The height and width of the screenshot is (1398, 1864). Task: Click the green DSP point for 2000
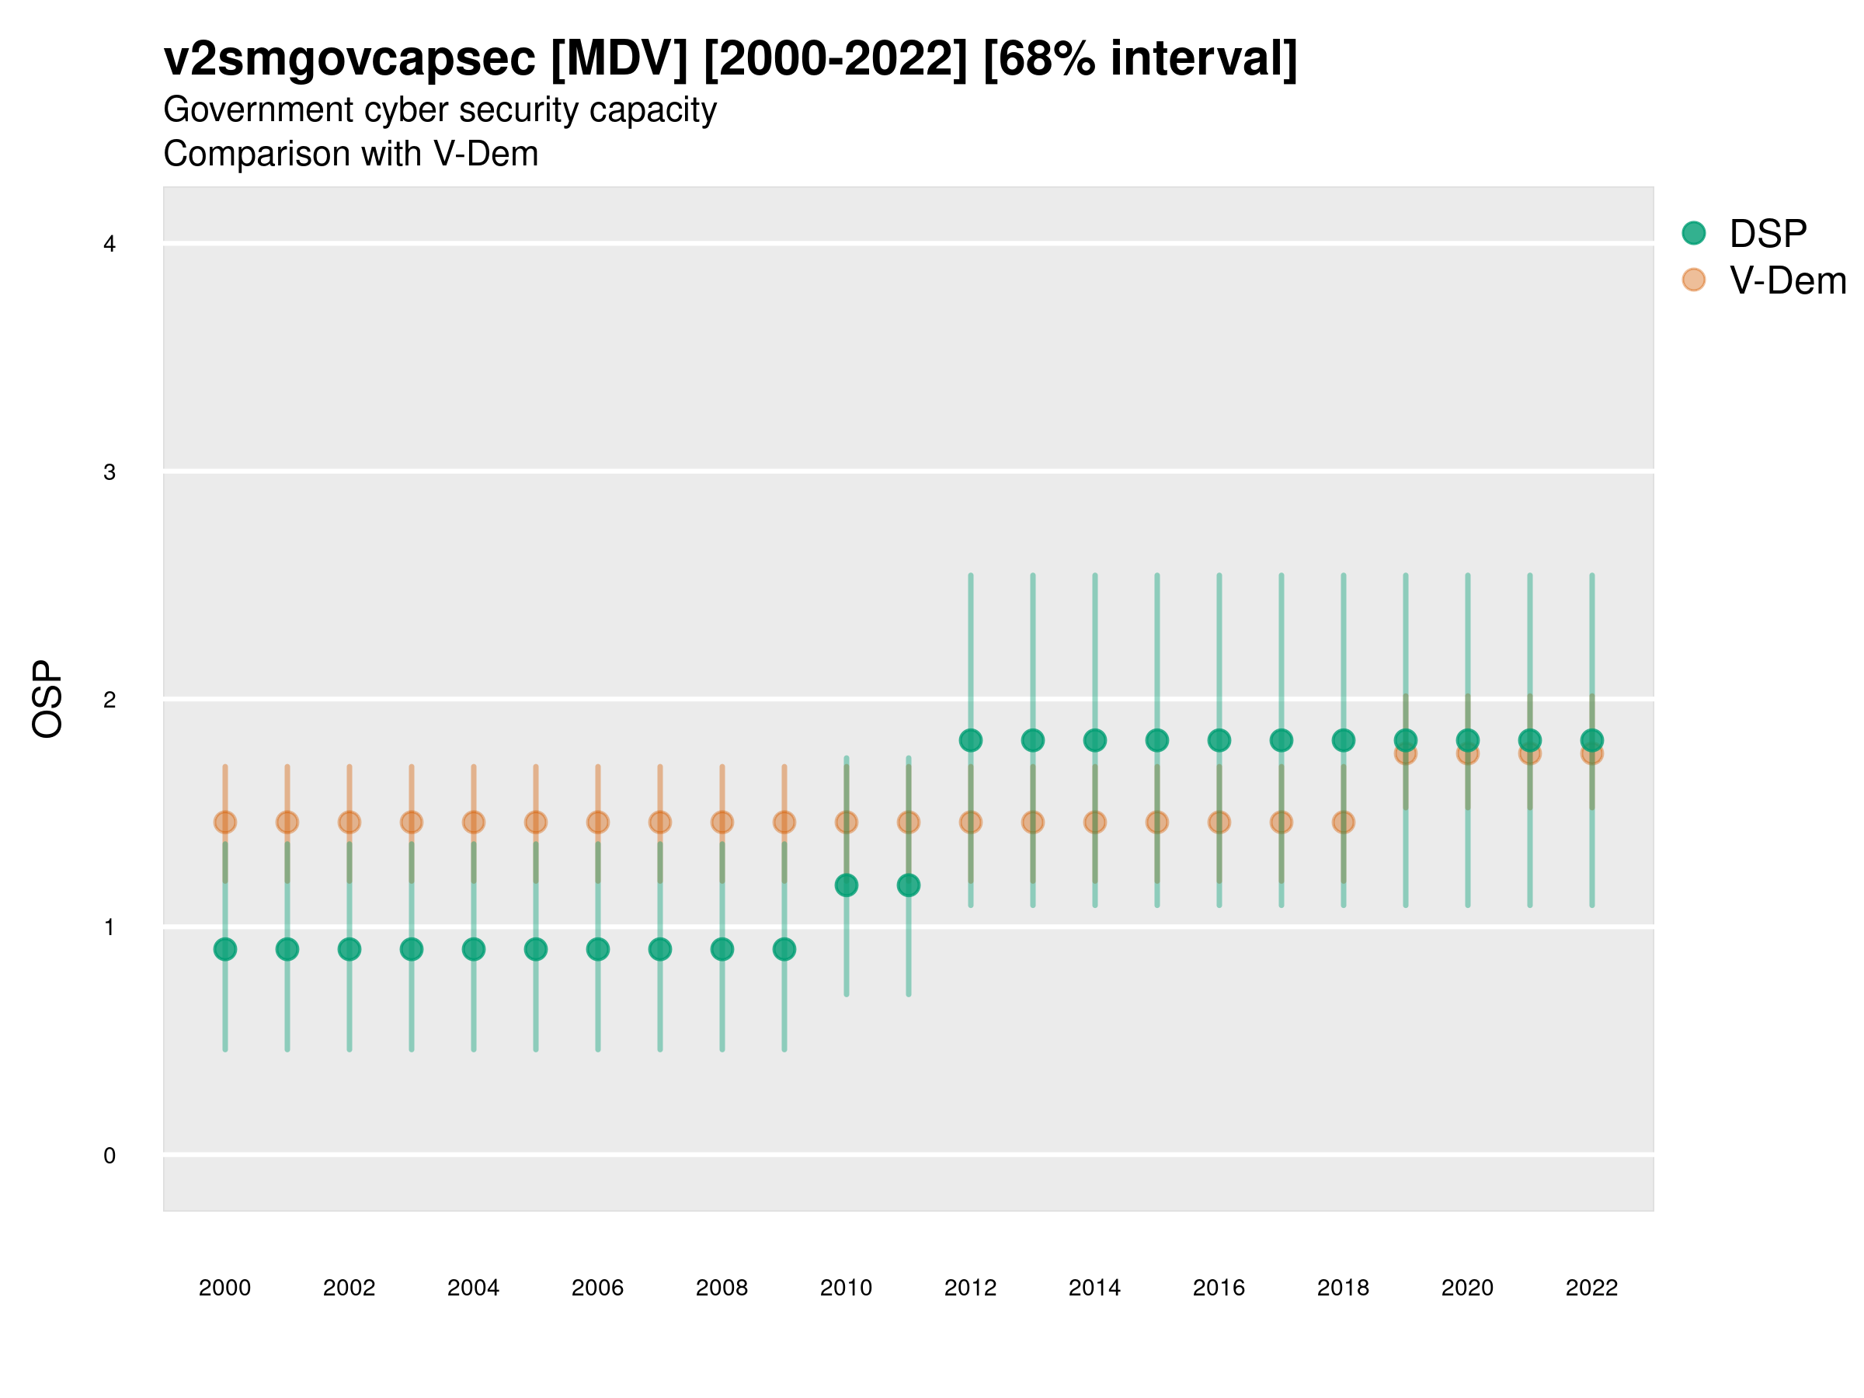(225, 949)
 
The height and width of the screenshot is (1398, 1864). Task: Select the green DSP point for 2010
(846, 885)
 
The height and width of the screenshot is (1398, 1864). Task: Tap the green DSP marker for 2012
(971, 740)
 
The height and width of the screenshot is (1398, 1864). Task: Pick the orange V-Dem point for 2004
(474, 822)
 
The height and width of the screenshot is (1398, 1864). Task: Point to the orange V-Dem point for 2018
(1343, 822)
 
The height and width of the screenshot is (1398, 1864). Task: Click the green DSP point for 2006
(597, 949)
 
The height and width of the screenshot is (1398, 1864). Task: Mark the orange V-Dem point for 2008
(722, 822)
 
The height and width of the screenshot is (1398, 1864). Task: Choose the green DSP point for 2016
(1219, 740)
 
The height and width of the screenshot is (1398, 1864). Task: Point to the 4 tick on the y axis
(110, 245)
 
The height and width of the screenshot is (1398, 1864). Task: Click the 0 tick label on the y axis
(110, 1156)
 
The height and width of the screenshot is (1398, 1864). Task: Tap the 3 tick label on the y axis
(110, 472)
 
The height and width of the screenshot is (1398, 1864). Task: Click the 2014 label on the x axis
(1094, 1288)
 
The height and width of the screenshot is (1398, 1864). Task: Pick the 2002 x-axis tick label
(349, 1288)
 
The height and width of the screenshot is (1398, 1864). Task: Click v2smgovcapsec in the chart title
(349, 59)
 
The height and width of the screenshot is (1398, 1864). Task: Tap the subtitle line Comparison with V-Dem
(350, 155)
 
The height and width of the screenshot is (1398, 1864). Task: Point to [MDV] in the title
(619, 59)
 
